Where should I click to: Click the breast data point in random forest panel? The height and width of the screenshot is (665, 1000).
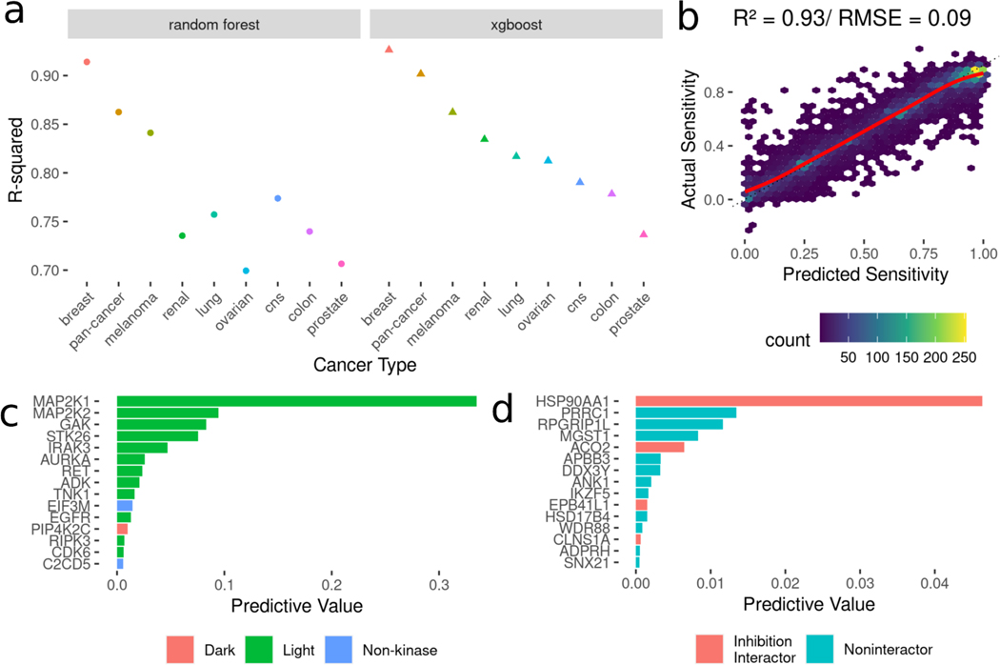(87, 62)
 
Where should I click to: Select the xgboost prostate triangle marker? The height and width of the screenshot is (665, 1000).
(644, 234)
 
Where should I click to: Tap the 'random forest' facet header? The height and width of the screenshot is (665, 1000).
(214, 25)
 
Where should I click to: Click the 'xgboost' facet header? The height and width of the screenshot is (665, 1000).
(515, 25)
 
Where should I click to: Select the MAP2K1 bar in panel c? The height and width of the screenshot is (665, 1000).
(296, 401)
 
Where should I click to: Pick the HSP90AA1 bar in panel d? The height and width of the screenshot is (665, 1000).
(809, 401)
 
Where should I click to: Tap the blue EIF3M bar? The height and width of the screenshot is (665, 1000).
(124, 505)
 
